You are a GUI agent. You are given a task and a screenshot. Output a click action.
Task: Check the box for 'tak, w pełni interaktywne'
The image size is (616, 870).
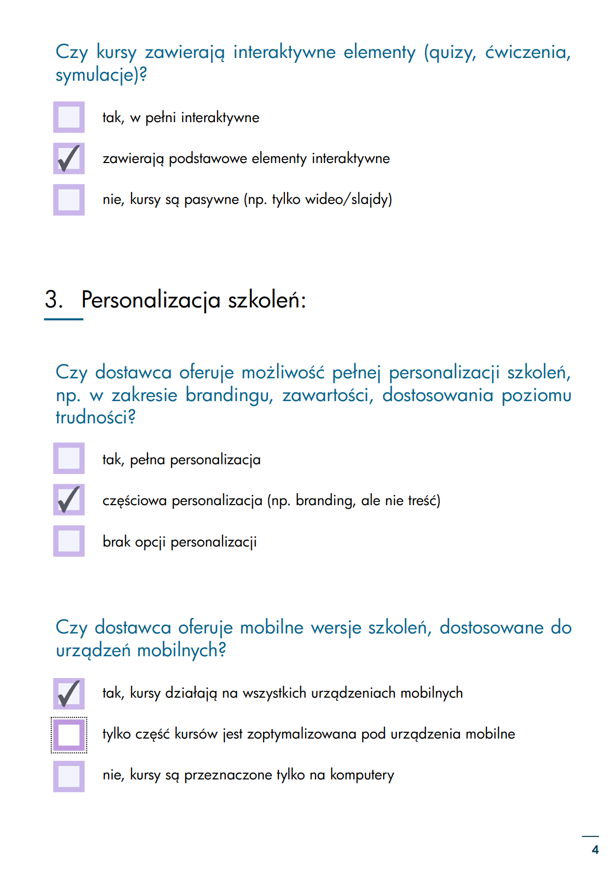pos(69,117)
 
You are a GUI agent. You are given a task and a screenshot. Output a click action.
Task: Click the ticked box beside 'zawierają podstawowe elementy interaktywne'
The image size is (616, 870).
pos(69,158)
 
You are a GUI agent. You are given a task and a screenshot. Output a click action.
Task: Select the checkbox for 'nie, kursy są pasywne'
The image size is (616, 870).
pos(69,199)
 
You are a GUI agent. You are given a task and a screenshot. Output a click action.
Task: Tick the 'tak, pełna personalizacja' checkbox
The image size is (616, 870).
pos(69,459)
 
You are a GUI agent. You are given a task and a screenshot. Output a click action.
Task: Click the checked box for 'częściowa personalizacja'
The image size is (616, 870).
pos(69,500)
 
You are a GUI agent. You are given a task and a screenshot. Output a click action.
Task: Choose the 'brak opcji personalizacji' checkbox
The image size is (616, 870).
pos(69,541)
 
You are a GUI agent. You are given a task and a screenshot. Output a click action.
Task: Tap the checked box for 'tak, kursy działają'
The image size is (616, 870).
pos(69,694)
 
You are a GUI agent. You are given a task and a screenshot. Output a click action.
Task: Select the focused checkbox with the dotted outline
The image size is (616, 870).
pos(69,734)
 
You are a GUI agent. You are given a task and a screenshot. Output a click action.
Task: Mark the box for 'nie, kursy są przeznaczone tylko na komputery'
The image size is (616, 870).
pos(69,776)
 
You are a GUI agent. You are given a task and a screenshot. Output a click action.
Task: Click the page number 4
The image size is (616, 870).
pos(595,850)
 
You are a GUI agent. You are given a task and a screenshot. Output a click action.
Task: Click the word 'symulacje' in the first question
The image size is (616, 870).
pos(95,76)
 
